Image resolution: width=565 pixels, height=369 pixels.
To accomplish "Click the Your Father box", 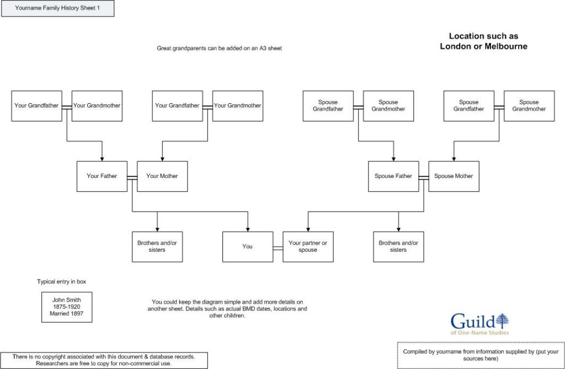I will [x=102, y=176].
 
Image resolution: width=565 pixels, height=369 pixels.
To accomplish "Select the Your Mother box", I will [x=162, y=176].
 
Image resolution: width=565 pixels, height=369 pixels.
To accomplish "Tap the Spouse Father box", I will [x=393, y=176].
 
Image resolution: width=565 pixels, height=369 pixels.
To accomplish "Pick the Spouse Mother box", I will [x=454, y=176].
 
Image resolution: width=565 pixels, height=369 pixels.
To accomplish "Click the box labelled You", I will [x=248, y=246].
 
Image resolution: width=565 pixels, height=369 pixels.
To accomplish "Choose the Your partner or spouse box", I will [x=308, y=246].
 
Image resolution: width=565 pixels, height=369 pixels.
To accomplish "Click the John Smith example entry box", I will [x=67, y=307].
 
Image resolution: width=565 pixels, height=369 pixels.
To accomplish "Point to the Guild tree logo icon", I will [x=502, y=320].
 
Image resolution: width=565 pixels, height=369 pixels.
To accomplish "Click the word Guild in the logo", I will [x=472, y=321].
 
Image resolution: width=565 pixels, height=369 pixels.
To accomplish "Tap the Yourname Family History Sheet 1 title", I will [x=58, y=8].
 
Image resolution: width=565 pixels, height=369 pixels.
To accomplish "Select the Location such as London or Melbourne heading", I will [x=483, y=41].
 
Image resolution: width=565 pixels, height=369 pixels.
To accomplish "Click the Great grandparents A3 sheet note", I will [x=220, y=49].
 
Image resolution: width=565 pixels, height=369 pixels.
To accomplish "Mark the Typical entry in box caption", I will [x=62, y=282].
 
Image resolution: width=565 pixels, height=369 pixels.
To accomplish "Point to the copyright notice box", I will [x=104, y=360].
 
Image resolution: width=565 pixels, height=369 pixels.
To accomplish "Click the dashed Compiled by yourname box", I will [x=481, y=355].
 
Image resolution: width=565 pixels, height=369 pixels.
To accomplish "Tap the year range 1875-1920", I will [x=67, y=307].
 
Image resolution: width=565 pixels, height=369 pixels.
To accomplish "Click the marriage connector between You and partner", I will [x=278, y=246].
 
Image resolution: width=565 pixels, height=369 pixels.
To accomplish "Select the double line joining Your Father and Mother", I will [x=132, y=177].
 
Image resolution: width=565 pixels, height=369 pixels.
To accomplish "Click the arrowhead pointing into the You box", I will [x=248, y=229].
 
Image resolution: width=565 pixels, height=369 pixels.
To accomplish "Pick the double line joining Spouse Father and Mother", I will [x=423, y=177].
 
